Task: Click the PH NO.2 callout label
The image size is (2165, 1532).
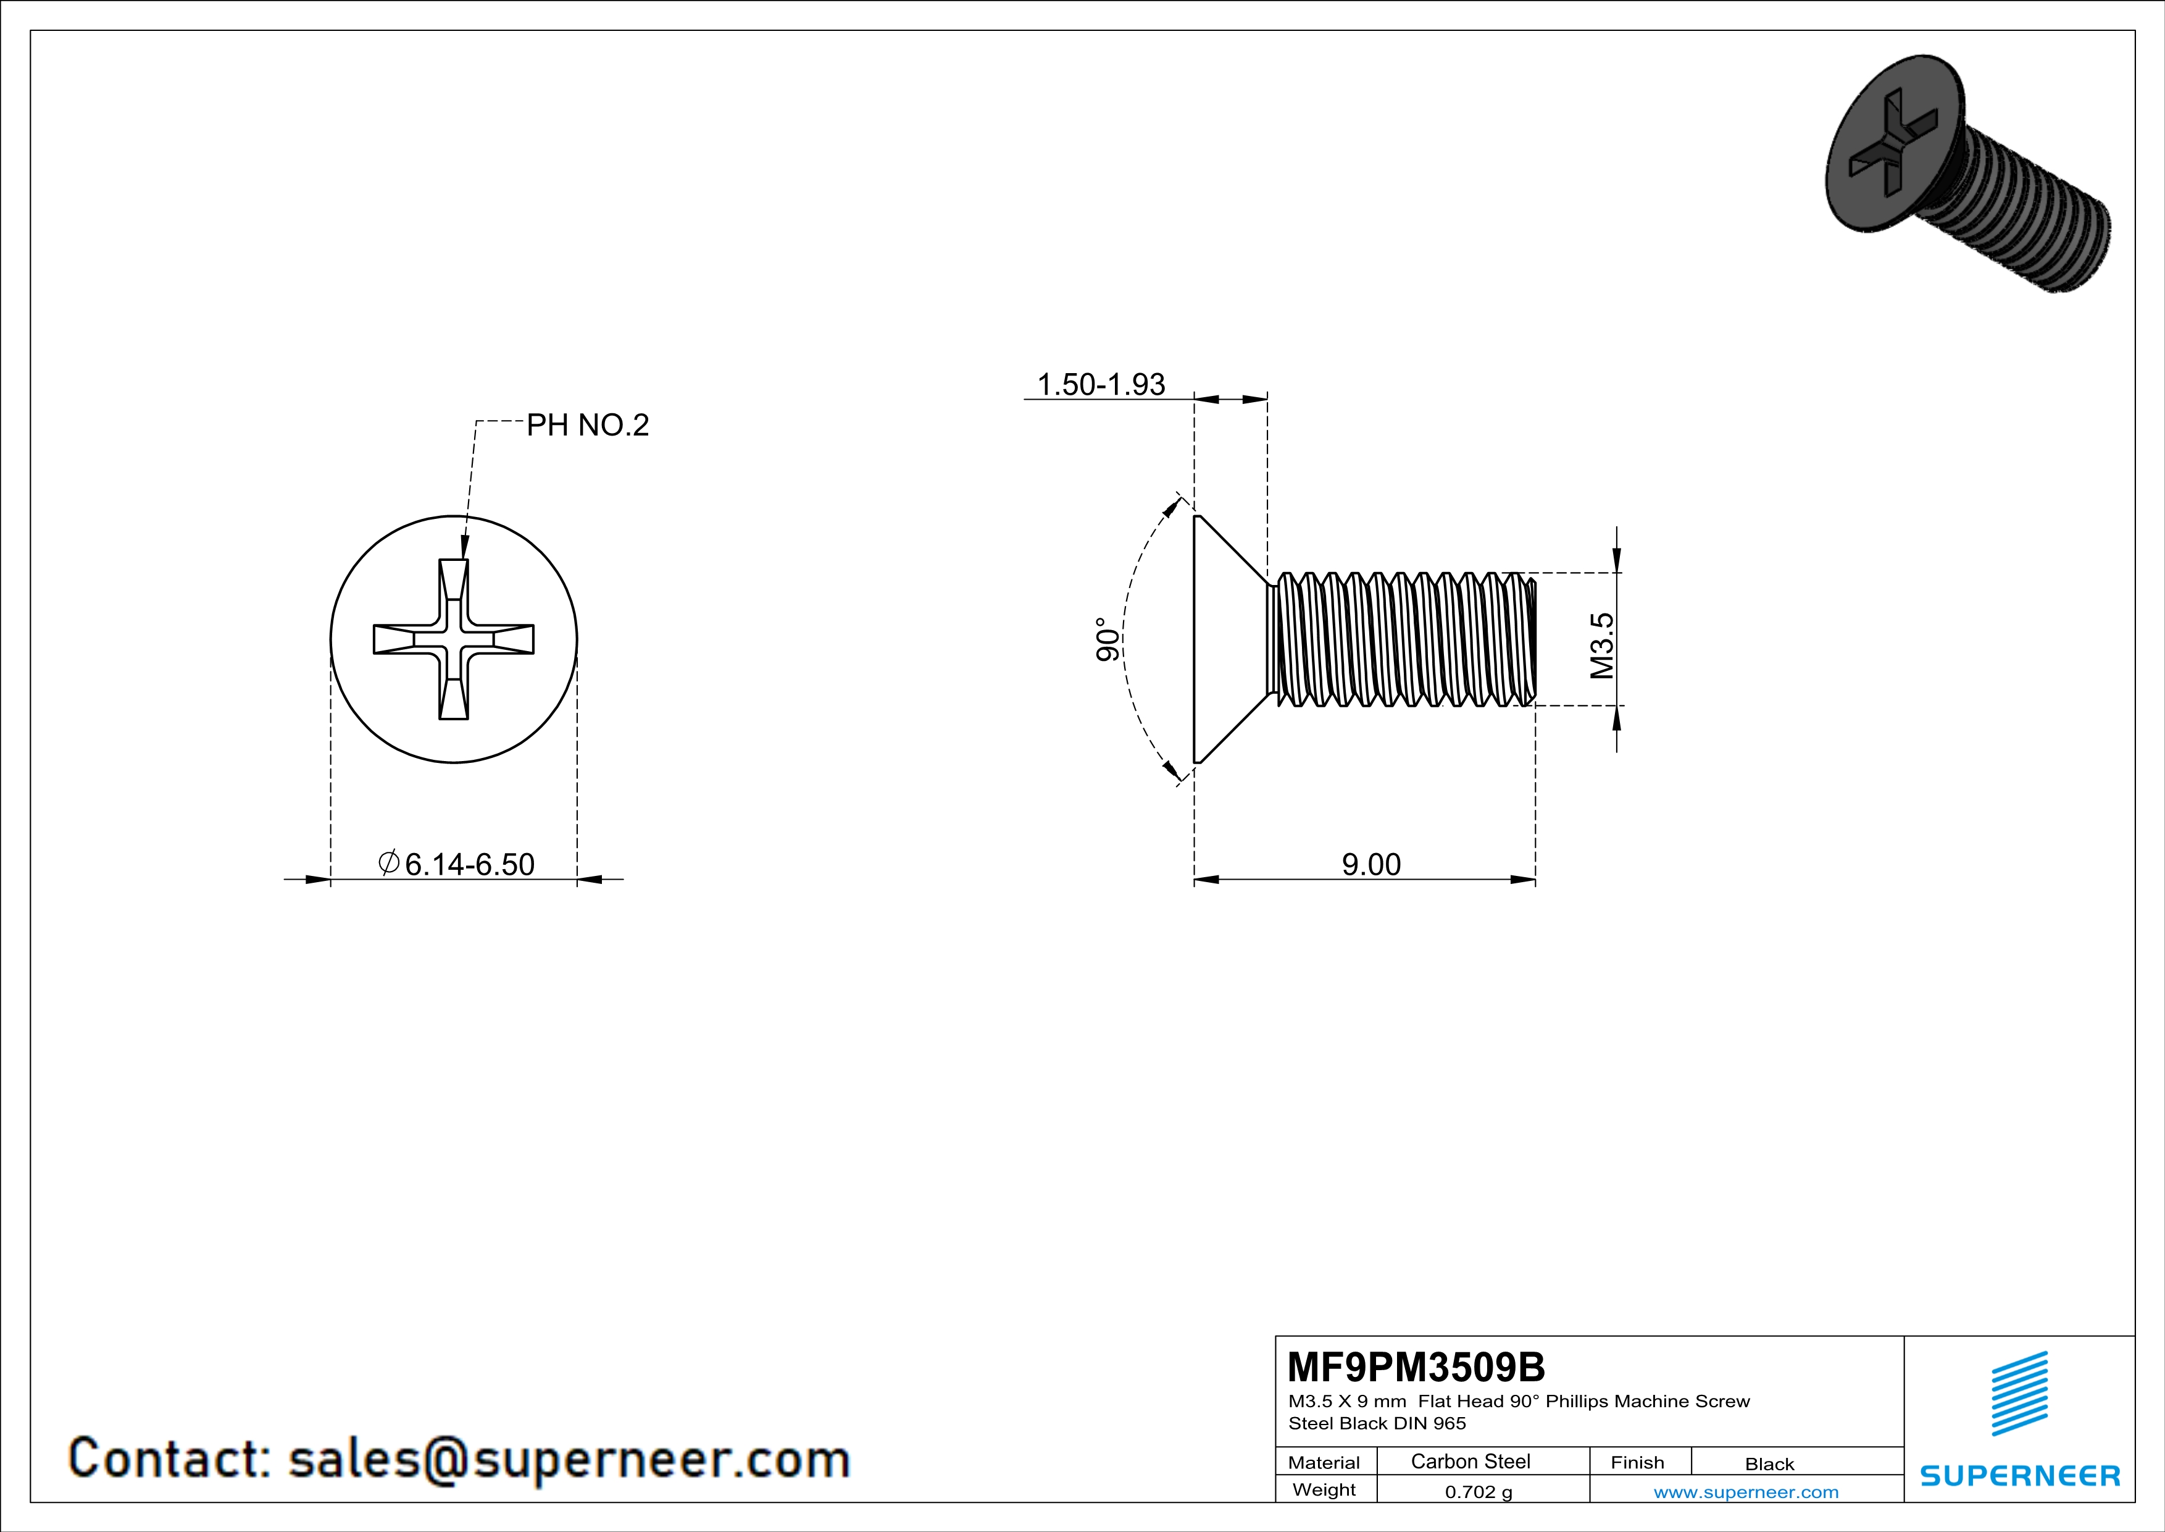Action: pyautogui.click(x=588, y=426)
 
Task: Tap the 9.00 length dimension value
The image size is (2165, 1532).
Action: pyautogui.click(x=1371, y=864)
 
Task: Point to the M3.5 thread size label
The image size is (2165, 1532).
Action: pyautogui.click(x=1602, y=646)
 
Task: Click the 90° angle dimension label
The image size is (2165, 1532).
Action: pyautogui.click(x=1108, y=639)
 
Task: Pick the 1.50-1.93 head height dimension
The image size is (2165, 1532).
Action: pyautogui.click(x=1101, y=384)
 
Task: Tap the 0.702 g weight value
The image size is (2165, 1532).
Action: pyautogui.click(x=1479, y=1491)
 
